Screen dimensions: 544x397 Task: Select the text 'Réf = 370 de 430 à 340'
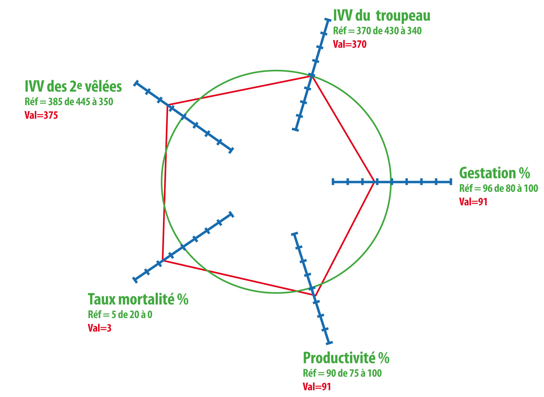click(x=377, y=31)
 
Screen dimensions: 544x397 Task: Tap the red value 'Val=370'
click(x=350, y=44)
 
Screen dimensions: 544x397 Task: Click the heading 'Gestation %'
click(x=494, y=173)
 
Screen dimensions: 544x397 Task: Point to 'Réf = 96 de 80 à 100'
click(x=498, y=188)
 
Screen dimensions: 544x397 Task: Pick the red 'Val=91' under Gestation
click(x=473, y=202)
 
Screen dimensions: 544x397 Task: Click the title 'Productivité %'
click(x=346, y=358)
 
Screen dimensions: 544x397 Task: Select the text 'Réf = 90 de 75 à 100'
click(x=342, y=373)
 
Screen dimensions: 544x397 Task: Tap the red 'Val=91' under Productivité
click(x=317, y=387)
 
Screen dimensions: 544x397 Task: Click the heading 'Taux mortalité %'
click(x=138, y=299)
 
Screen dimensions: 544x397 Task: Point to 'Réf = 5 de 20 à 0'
click(x=120, y=315)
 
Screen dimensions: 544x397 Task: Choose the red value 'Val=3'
click(x=100, y=328)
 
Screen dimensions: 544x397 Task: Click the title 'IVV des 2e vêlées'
click(x=73, y=86)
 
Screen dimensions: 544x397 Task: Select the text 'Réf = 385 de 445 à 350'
click(x=69, y=102)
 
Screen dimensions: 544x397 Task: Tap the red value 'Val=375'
click(x=41, y=115)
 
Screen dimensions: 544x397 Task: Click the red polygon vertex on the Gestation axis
click(x=374, y=182)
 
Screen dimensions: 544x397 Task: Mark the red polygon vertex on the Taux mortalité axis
click(x=162, y=261)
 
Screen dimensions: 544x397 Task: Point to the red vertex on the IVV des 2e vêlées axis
click(x=167, y=105)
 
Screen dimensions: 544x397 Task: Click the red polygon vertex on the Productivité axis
click(x=315, y=296)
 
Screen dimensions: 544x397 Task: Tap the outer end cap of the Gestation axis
click(x=451, y=182)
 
